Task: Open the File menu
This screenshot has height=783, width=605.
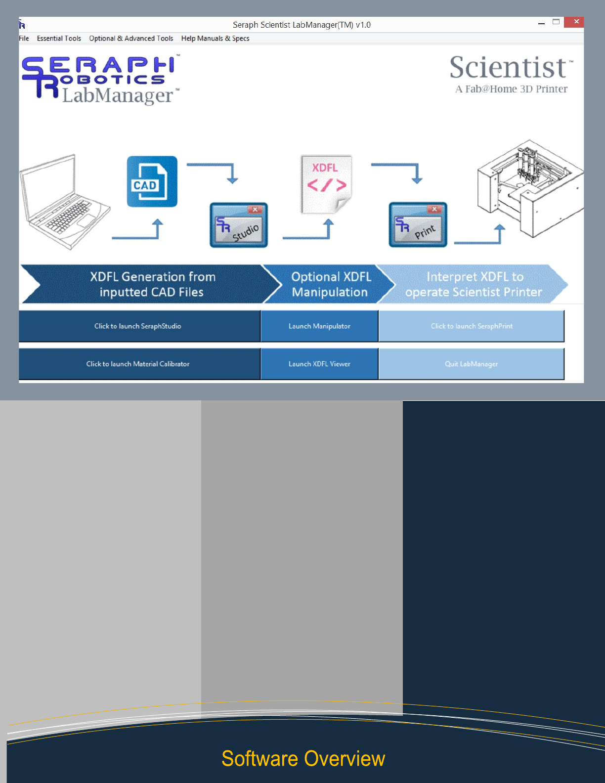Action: click(x=24, y=39)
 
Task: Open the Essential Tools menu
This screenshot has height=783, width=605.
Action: click(x=59, y=39)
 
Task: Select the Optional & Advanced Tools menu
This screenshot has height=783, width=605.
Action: click(x=131, y=39)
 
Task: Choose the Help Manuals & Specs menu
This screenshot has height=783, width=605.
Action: click(x=215, y=39)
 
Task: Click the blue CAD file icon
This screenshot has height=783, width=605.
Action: click(x=152, y=181)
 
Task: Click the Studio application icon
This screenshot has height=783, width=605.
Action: click(x=239, y=225)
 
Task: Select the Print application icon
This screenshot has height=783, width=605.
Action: click(x=418, y=224)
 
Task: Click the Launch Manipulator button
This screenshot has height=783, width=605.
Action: click(x=319, y=326)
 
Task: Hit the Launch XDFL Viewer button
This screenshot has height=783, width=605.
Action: click(x=319, y=364)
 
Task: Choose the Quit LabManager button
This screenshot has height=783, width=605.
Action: click(x=471, y=364)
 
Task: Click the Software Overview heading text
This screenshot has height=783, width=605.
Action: click(x=303, y=759)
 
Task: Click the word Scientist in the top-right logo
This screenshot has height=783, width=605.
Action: click(x=508, y=68)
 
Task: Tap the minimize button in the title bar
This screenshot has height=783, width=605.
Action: click(x=541, y=23)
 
